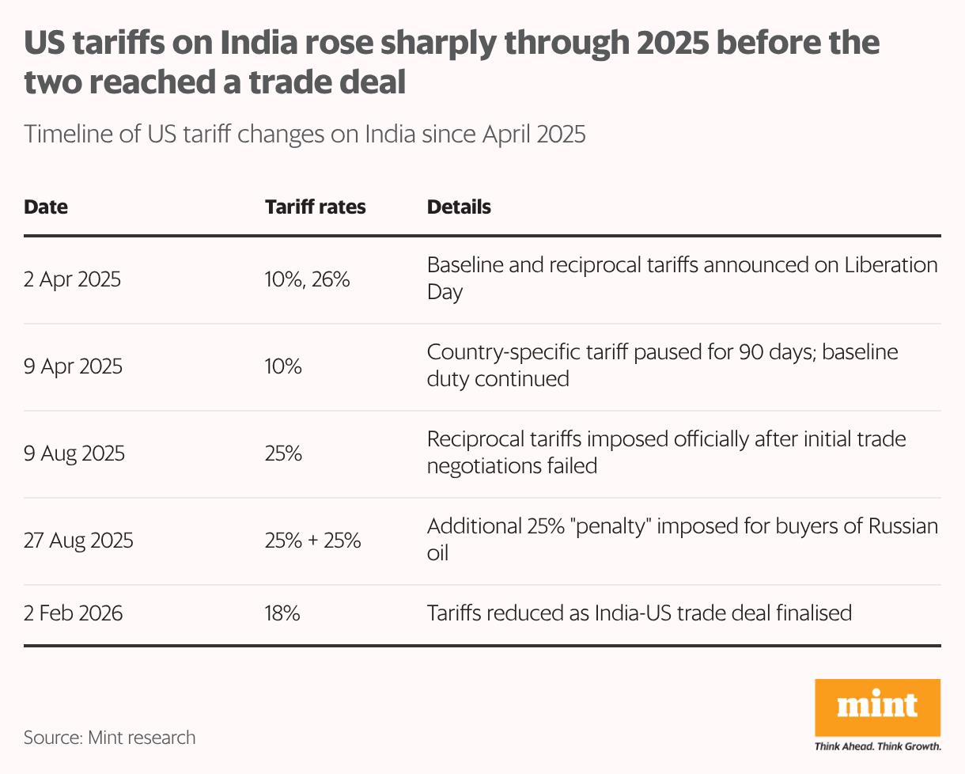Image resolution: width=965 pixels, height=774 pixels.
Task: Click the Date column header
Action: [x=46, y=207]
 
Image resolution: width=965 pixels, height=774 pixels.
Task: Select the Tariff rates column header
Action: [x=316, y=207]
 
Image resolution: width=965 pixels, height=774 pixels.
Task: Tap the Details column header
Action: [x=459, y=207]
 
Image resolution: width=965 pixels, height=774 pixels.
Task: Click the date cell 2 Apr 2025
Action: [x=73, y=279]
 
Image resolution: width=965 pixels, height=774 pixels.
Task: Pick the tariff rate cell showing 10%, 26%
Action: [x=308, y=279]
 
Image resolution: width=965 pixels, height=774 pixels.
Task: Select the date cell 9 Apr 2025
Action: [x=73, y=366]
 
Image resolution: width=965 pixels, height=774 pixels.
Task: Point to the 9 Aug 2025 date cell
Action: [x=74, y=454]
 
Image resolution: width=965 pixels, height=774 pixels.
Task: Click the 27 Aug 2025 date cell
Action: [x=78, y=541]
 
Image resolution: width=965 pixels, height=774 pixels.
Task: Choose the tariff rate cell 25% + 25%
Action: [x=313, y=541]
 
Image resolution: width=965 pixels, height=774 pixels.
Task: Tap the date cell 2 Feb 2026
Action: [x=74, y=613]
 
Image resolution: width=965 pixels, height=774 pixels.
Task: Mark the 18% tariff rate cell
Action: [x=282, y=613]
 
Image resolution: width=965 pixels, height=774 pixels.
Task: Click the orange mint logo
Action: [x=878, y=706]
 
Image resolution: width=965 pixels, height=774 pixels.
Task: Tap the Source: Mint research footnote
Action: [x=109, y=738]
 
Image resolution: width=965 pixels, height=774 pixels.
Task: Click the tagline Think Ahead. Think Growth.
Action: [x=878, y=746]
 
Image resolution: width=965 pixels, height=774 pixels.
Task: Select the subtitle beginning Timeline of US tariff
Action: [x=305, y=134]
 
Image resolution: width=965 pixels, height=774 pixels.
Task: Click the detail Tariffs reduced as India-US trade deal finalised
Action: [x=639, y=613]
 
